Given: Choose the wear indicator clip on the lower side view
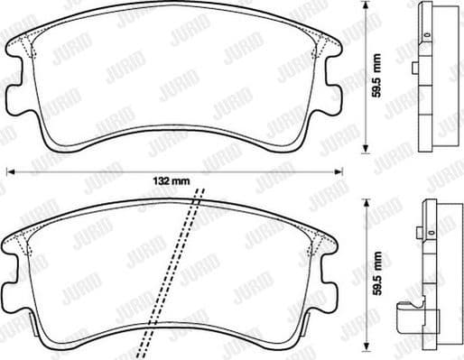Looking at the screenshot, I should click(407, 318).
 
